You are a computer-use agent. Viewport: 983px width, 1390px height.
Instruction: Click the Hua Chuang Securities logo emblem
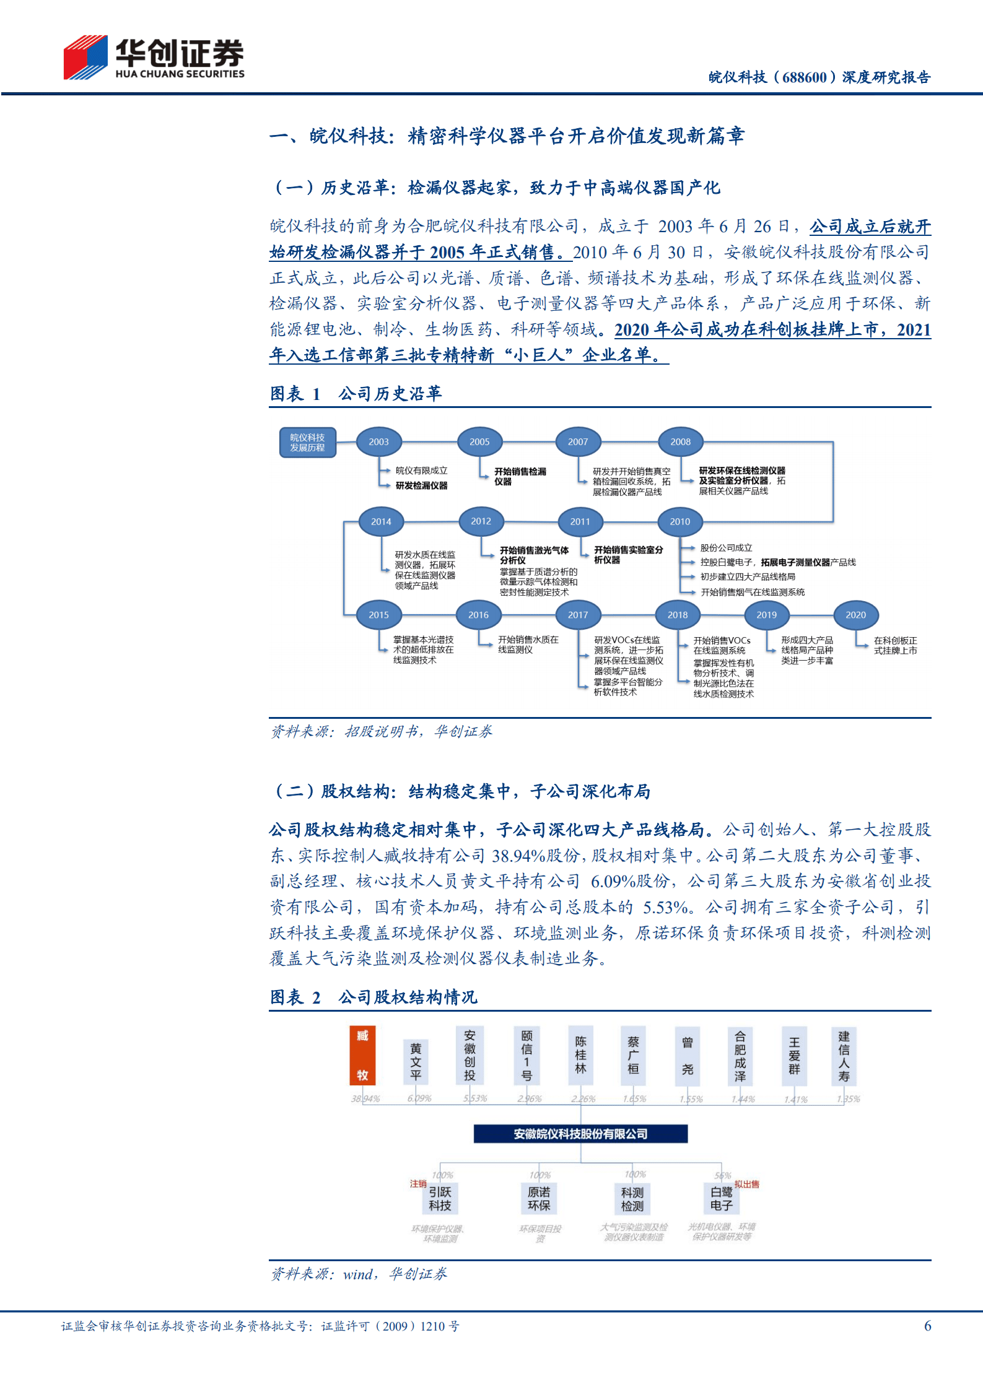pos(85,57)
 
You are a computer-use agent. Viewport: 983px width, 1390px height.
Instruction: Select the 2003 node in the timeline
pos(378,442)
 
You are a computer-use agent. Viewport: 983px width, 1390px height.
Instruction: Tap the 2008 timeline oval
pos(680,442)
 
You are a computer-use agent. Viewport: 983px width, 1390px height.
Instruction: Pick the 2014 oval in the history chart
pos(381,521)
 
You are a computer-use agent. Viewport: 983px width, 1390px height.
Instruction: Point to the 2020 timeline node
pos(855,615)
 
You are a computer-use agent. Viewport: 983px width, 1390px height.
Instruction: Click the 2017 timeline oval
pos(578,615)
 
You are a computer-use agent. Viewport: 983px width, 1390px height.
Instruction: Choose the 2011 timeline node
pos(580,521)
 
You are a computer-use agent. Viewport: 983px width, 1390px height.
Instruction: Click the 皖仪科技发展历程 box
pos(307,442)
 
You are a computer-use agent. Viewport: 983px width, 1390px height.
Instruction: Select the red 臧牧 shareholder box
pos(362,1056)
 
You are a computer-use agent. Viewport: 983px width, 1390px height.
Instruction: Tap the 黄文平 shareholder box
pos(416,1061)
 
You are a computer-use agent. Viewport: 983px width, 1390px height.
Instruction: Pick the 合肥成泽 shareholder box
pos(740,1056)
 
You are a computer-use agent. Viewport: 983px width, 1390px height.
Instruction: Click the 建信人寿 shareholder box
pos(844,1056)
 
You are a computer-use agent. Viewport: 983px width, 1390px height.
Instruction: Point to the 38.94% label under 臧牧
pos(365,1099)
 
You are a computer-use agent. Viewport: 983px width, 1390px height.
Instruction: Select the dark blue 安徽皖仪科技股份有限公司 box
pos(580,1134)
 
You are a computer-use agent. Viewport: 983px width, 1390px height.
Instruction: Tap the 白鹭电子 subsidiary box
pos(722,1199)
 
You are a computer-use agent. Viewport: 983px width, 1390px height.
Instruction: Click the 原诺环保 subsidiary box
pos(539,1199)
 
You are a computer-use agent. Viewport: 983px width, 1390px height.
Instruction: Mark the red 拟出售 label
pos(747,1184)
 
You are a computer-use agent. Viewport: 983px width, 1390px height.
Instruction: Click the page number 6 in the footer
pos(927,1326)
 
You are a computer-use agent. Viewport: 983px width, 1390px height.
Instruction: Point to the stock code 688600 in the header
pos(804,77)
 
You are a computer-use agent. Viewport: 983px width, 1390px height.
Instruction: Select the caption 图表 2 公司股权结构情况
pos(374,997)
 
